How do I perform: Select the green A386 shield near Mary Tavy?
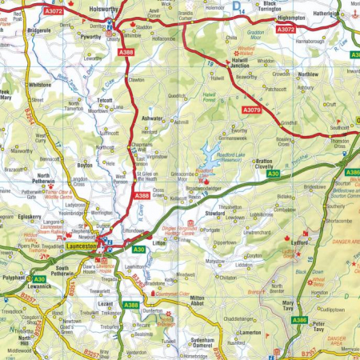point(299,320)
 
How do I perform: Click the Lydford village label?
point(300,239)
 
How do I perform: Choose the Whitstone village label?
point(38,83)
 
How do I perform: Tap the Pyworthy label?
point(91,37)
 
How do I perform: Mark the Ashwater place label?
point(151,118)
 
